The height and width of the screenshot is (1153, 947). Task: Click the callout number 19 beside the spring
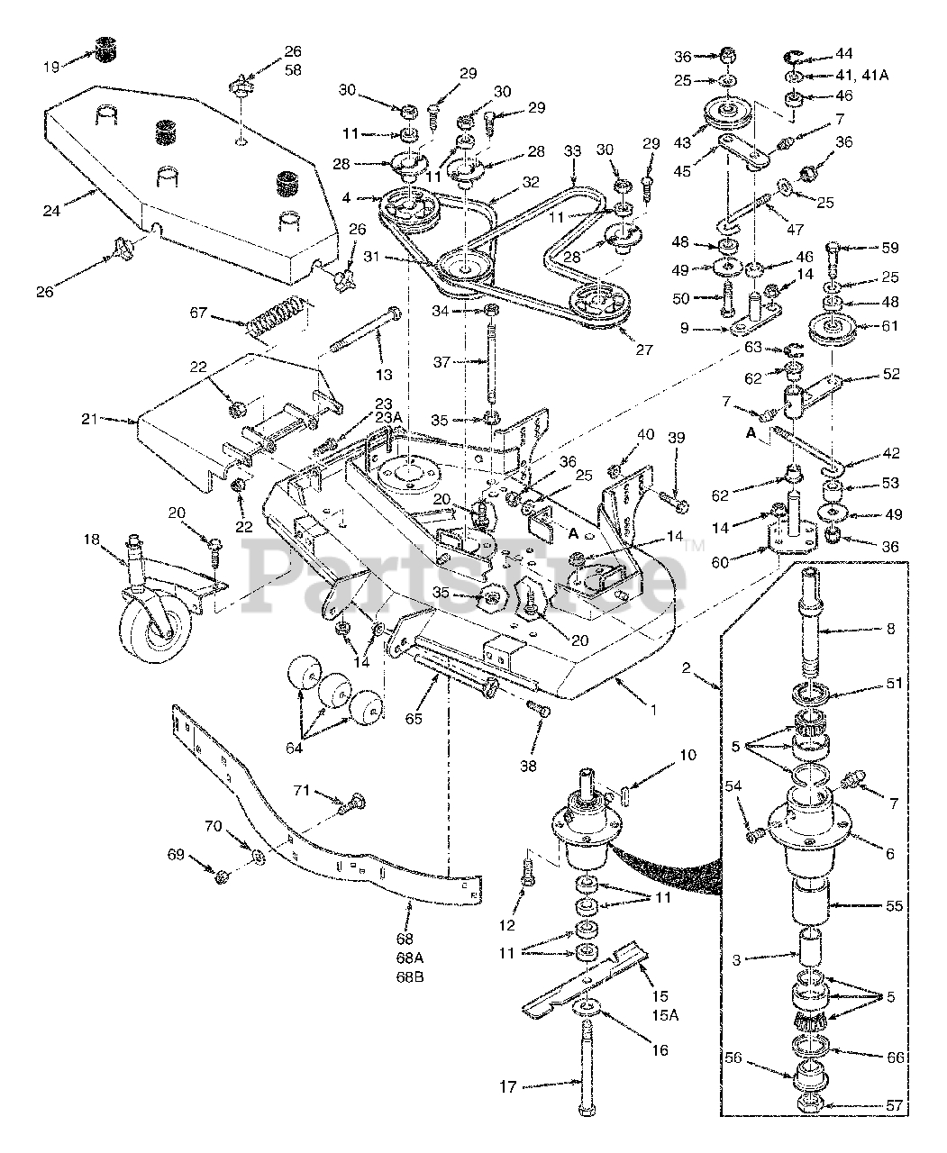pos(50,68)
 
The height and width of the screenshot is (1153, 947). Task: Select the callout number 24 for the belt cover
pos(51,211)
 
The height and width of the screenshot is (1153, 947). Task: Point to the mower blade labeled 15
pos(585,984)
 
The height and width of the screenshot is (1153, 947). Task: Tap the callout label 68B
pos(410,976)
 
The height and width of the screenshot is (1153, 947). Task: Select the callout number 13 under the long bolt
pos(384,375)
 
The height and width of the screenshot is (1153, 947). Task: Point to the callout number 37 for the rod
pos(442,361)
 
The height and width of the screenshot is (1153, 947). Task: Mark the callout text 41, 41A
pos(863,75)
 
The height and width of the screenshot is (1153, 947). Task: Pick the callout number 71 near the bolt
pos(301,790)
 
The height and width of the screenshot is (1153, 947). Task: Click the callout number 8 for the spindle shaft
pos(890,629)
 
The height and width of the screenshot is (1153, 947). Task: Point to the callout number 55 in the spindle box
pos(895,905)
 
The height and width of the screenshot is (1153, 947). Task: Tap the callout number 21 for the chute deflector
pos(90,419)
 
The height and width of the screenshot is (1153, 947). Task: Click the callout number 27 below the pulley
pos(644,349)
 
